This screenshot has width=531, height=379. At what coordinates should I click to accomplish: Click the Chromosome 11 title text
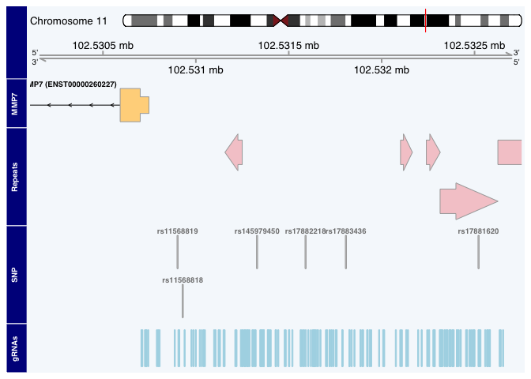(68, 21)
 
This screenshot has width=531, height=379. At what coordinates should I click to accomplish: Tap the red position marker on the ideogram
(425, 21)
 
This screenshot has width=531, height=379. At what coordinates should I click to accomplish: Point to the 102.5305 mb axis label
(103, 45)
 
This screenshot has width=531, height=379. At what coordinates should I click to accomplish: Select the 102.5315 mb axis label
(289, 45)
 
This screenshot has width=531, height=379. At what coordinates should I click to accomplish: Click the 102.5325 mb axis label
(475, 45)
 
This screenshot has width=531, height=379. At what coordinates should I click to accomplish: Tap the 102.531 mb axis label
(195, 70)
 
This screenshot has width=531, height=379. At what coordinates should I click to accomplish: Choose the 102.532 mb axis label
(382, 70)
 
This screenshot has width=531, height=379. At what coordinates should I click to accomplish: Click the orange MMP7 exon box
(133, 105)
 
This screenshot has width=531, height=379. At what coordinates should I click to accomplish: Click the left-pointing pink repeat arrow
(234, 151)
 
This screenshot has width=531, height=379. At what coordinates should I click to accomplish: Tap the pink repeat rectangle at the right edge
(509, 152)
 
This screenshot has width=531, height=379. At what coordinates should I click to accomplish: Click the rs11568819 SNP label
(177, 231)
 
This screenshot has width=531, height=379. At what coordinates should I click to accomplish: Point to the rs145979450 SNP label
(257, 231)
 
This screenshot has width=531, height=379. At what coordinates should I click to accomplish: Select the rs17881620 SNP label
(478, 231)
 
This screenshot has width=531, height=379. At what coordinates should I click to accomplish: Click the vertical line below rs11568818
(183, 301)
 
